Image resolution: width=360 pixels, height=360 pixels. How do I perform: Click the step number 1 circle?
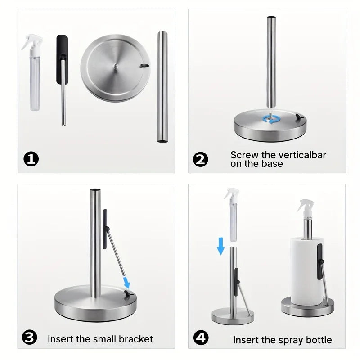point(31,159)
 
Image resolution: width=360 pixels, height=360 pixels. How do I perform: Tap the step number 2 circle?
point(201,159)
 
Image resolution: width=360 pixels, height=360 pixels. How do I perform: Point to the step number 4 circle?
point(201,338)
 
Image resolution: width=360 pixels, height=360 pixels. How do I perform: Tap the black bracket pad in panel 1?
point(62,58)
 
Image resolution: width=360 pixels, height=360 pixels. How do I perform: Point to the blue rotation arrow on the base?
point(271,119)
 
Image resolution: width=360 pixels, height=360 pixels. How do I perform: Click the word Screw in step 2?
point(245,155)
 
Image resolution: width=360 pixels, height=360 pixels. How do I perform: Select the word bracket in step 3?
point(135,339)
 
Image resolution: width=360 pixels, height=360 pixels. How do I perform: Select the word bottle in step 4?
point(317,340)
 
